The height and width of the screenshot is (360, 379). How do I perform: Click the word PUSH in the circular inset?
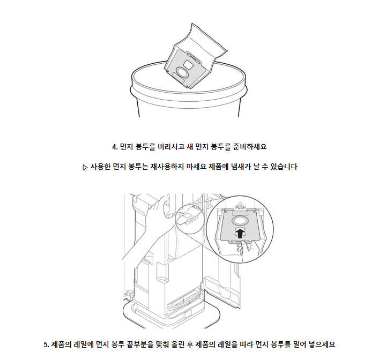[240, 207]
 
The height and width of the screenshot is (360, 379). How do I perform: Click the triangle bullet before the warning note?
[85, 167]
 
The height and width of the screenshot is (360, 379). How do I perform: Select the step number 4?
[115, 147]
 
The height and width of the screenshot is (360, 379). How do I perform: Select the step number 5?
[46, 344]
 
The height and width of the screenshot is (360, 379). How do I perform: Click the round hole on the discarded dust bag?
[181, 72]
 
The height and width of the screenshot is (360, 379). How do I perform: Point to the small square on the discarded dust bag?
[188, 64]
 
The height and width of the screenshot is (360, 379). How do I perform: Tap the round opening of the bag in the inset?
[239, 221]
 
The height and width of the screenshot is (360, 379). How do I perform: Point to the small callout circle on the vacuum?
[188, 217]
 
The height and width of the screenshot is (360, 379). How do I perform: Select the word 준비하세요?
[249, 147]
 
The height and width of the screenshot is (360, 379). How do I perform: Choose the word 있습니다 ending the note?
[283, 167]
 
